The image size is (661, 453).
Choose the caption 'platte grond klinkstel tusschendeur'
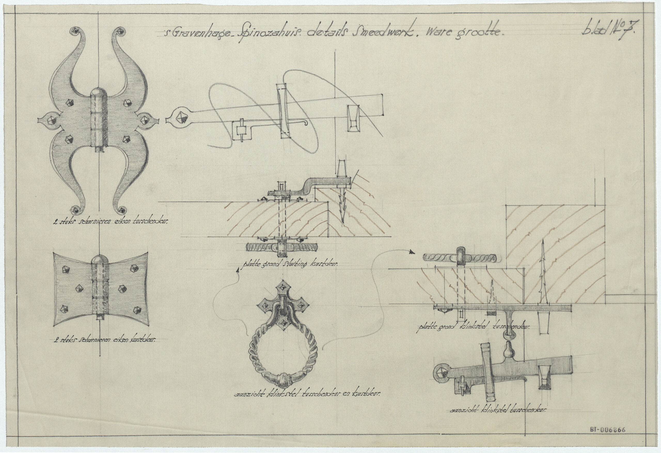(x=474, y=327)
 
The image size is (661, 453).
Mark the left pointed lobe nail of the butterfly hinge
(x=51, y=120)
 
